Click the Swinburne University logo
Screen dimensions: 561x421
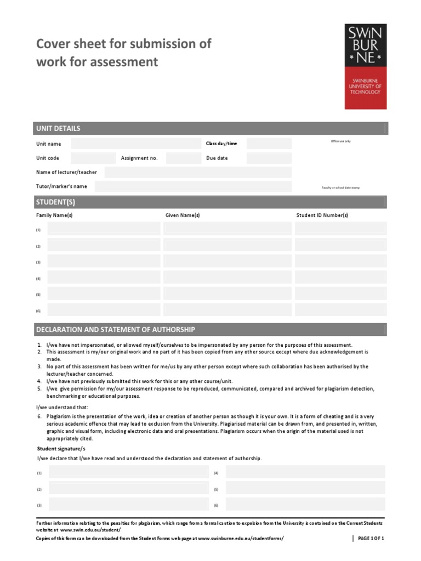(x=366, y=66)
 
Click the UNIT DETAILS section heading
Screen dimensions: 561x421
(x=58, y=128)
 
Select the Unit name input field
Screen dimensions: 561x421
(x=136, y=144)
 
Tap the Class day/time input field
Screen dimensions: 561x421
(x=269, y=144)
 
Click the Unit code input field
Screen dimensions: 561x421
(x=93, y=158)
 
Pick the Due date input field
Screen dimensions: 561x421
(x=269, y=158)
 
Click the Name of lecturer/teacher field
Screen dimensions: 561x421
(x=197, y=172)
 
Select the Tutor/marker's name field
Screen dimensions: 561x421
(x=192, y=186)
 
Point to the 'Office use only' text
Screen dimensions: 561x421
(x=340, y=141)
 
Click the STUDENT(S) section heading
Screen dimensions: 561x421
(x=55, y=202)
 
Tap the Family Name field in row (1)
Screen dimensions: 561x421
(x=104, y=229)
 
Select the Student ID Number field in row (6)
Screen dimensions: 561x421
(x=340, y=310)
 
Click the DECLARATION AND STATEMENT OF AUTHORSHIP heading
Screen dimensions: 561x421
(x=115, y=329)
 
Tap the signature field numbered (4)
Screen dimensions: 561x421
(x=305, y=472)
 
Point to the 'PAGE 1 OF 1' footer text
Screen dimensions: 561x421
(x=371, y=539)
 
